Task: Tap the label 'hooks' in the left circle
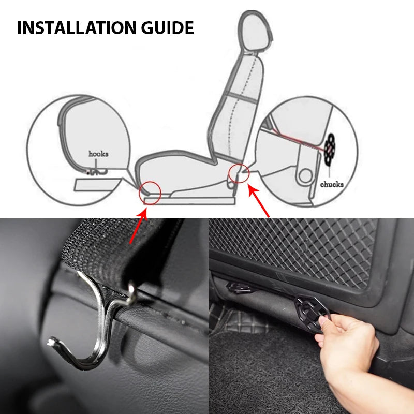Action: click(x=98, y=154)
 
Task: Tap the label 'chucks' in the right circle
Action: click(x=332, y=184)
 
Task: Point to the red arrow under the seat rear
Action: click(x=260, y=202)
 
